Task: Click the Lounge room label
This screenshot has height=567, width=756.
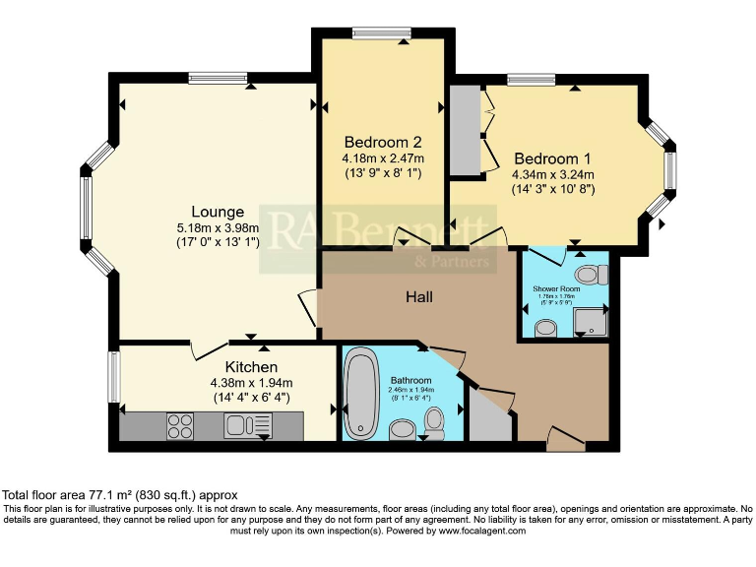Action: click(218, 212)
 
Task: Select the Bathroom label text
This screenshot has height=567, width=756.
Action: click(410, 380)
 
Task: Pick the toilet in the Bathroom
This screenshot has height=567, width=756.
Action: click(434, 422)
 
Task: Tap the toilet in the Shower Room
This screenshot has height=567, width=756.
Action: click(590, 272)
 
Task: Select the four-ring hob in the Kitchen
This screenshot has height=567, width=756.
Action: click(180, 425)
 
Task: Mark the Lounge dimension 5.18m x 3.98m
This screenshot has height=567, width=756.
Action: click(218, 227)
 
